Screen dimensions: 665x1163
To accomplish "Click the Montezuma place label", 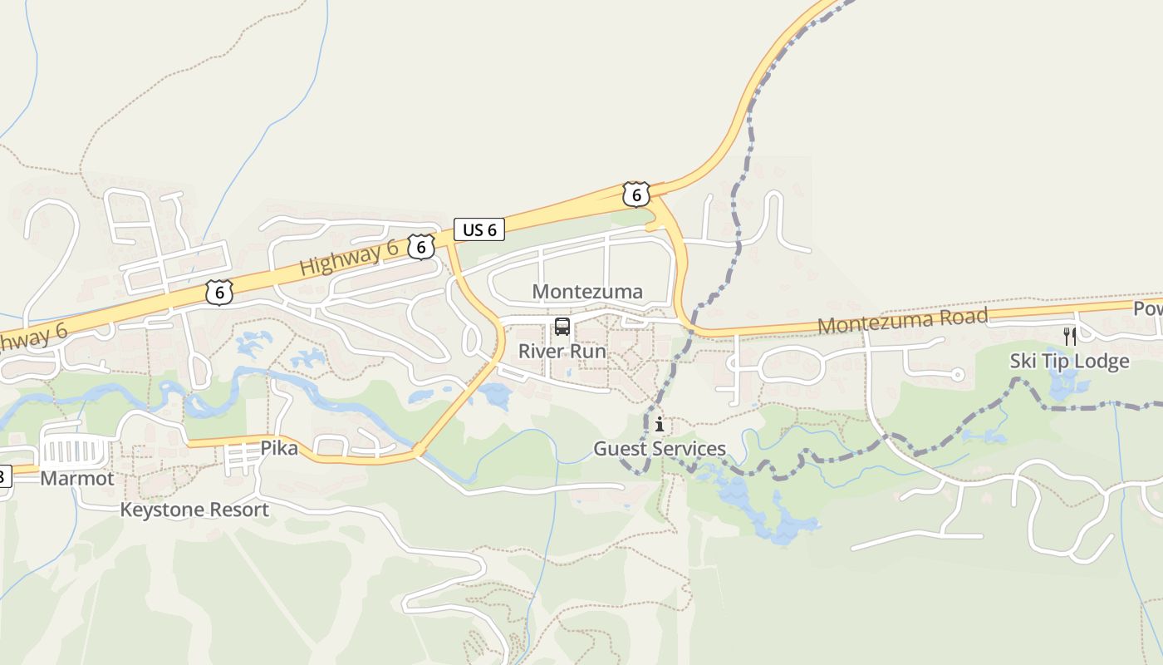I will (587, 292).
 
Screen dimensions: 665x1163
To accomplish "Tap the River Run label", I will (562, 351).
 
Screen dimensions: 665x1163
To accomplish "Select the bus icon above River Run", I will (562, 327).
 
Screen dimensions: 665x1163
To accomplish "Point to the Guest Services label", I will (660, 449).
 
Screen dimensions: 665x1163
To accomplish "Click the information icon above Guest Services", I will (660, 425).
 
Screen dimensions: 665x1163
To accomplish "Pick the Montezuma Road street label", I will (903, 320).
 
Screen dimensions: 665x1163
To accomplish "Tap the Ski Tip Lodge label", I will (1069, 361).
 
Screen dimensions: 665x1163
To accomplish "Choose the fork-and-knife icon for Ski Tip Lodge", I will (1070, 337).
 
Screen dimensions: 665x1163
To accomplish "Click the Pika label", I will (279, 448).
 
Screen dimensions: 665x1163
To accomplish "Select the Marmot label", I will (76, 478).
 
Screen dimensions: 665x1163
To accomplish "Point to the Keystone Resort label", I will (194, 510).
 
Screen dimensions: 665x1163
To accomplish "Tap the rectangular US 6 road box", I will (479, 229).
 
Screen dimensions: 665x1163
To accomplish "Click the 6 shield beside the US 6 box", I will (421, 246).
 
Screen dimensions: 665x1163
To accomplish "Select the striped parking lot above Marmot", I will (74, 452).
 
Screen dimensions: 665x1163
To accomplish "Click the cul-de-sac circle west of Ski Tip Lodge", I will (957, 376).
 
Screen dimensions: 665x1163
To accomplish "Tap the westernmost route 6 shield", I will (218, 293).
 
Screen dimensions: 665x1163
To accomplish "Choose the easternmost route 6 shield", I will (635, 195).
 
